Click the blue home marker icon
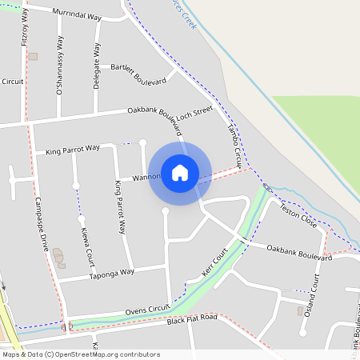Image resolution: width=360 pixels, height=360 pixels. click(x=180, y=173)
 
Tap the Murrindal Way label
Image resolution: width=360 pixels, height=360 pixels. click(x=77, y=14)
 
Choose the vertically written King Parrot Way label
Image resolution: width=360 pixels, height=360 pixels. click(x=120, y=207)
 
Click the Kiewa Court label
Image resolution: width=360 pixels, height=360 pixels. click(x=86, y=246)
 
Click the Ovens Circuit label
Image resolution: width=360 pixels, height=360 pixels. click(x=148, y=309)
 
